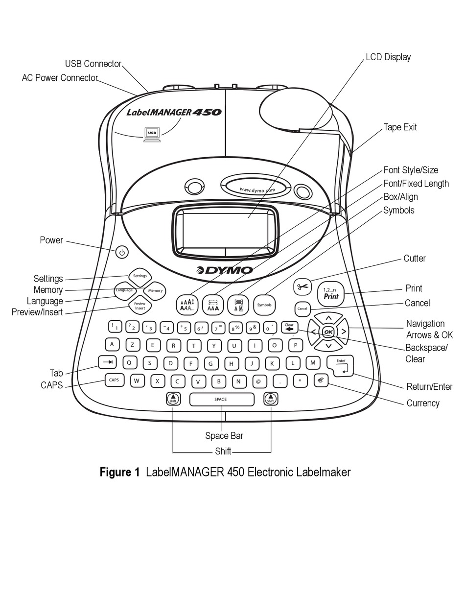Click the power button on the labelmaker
pyautogui.click(x=122, y=253)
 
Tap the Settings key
pyautogui.click(x=139, y=276)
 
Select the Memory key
pyautogui.click(x=155, y=291)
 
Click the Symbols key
pyautogui.click(x=264, y=305)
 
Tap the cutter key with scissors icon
pyautogui.click(x=302, y=287)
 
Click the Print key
pyautogui.click(x=331, y=294)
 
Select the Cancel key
pyautogui.click(x=302, y=309)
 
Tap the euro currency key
pyautogui.click(x=321, y=380)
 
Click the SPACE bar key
pyautogui.click(x=222, y=400)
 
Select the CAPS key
pyautogui.click(x=114, y=380)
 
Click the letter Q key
pyautogui.click(x=129, y=362)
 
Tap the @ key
pyautogui.click(x=259, y=381)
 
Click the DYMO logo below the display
pyautogui.click(x=225, y=270)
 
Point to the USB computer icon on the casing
pyautogui.click(x=152, y=133)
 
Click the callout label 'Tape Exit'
pyautogui.click(x=400, y=127)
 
